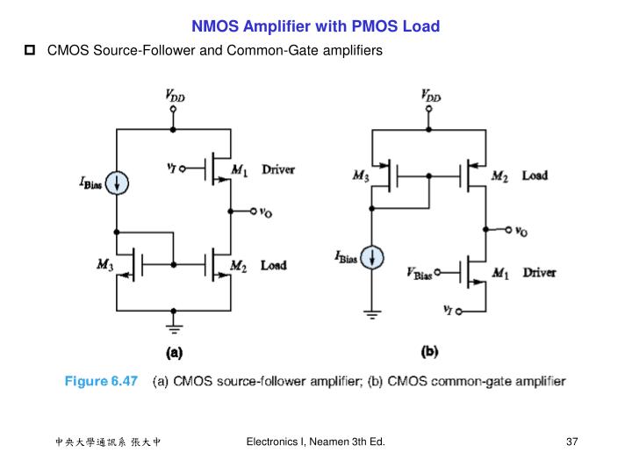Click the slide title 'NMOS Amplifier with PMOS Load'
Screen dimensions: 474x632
point(316,26)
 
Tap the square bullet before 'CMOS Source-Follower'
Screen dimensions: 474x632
point(29,51)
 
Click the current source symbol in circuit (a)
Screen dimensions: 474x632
point(118,182)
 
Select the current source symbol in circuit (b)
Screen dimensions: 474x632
point(374,257)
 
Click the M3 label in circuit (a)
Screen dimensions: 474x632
point(105,265)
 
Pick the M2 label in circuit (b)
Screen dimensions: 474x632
point(499,176)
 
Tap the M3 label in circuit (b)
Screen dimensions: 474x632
point(360,176)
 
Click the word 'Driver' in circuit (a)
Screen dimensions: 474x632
point(278,169)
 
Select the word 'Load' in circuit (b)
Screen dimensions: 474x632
point(535,176)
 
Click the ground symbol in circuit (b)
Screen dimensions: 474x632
point(374,314)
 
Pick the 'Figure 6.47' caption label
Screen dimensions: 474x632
point(101,381)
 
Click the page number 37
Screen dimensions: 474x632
point(571,441)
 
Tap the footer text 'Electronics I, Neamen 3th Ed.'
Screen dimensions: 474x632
point(315,441)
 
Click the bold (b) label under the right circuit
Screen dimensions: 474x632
point(429,352)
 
